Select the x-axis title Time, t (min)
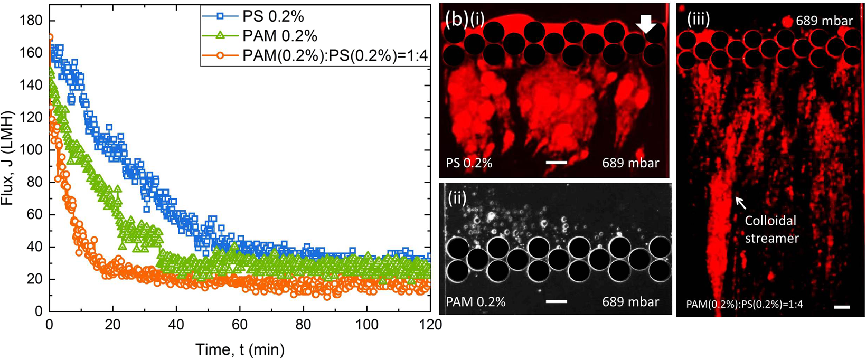pyautogui.click(x=240, y=348)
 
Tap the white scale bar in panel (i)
pyautogui.click(x=556, y=163)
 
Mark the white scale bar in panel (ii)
pyautogui.click(x=556, y=301)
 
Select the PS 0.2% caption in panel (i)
pyautogui.click(x=469, y=163)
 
